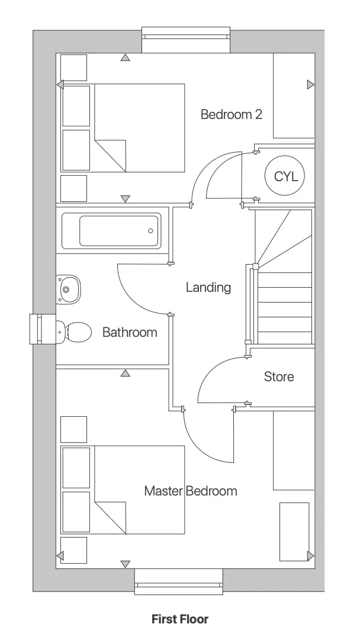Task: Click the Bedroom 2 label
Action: pyautogui.click(x=231, y=114)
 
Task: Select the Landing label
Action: pyautogui.click(x=208, y=288)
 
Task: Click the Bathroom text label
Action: pyautogui.click(x=130, y=332)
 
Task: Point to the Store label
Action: pyautogui.click(x=278, y=377)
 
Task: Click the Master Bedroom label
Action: pyautogui.click(x=190, y=491)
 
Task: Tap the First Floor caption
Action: pyautogui.click(x=180, y=619)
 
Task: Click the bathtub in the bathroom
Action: pyautogui.click(x=111, y=231)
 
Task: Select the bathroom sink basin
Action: pyautogui.click(x=67, y=289)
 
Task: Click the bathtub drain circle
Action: pyautogui.click(x=150, y=231)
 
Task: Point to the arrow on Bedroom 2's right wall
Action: pyautogui.click(x=310, y=85)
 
